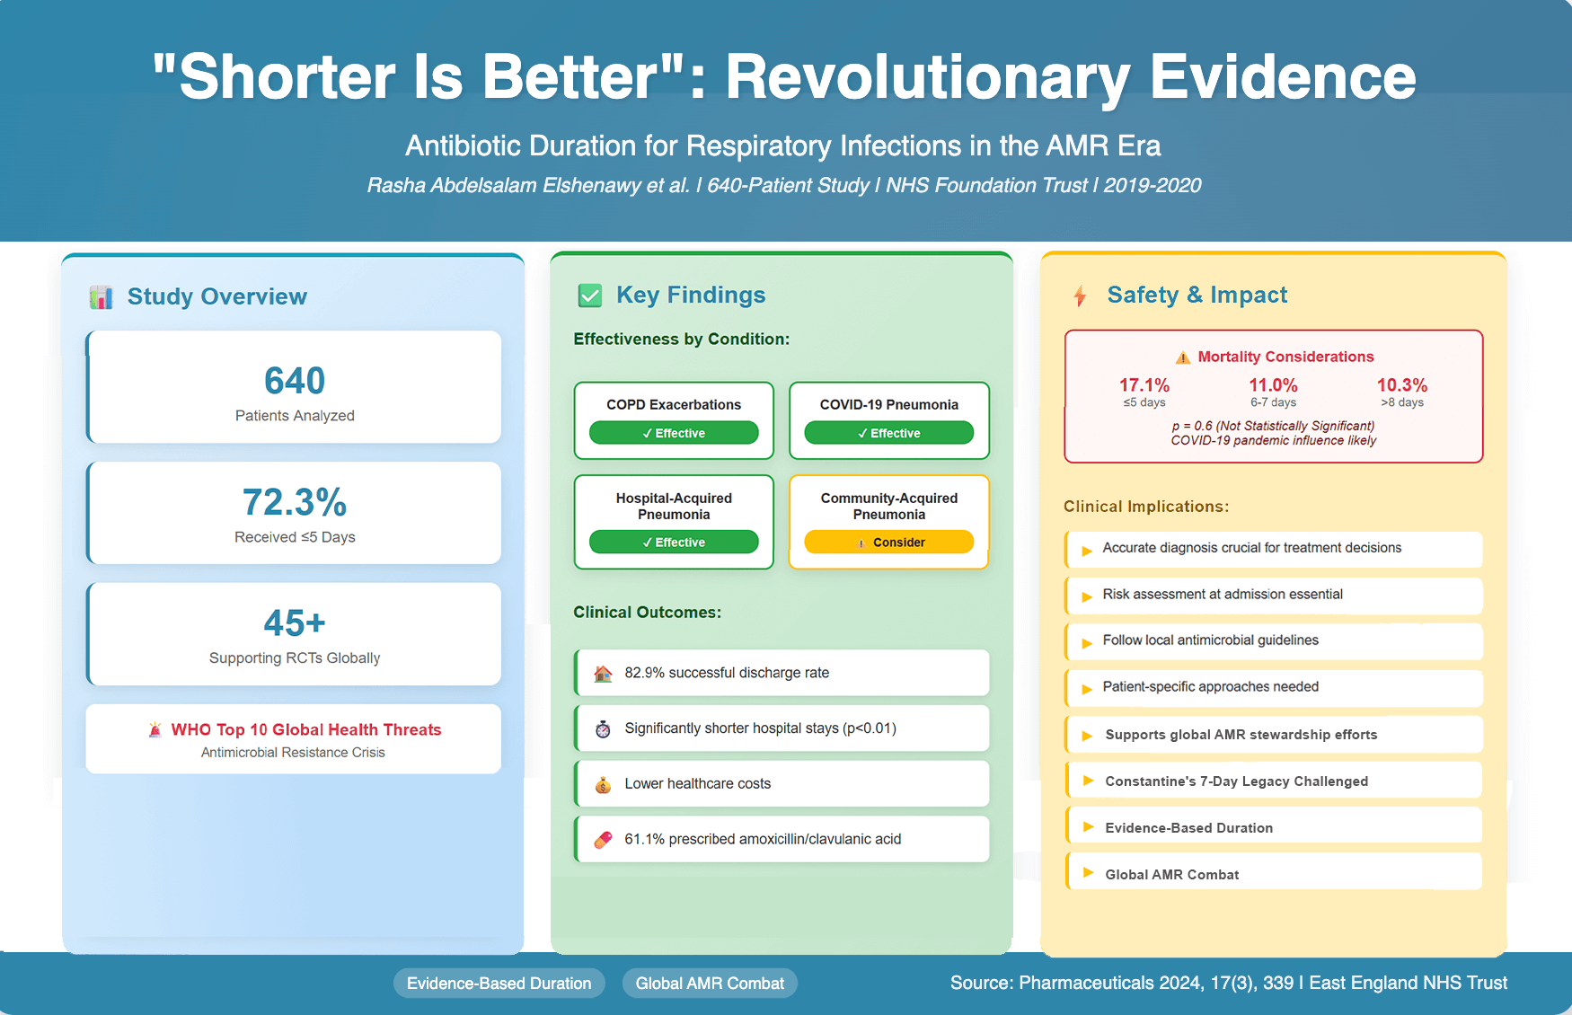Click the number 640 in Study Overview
click(x=295, y=381)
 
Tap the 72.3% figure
click(x=295, y=502)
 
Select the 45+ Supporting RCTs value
click(x=295, y=622)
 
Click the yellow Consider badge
click(x=888, y=542)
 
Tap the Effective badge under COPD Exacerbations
click(x=674, y=433)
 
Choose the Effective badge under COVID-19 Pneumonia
click(x=888, y=433)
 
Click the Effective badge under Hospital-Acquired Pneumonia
click(x=674, y=542)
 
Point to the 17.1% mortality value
click(x=1144, y=385)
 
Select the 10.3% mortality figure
click(x=1401, y=385)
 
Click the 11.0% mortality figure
click(x=1273, y=385)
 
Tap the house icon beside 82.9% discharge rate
click(x=603, y=674)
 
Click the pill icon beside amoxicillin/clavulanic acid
click(x=603, y=840)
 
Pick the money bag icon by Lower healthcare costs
click(x=603, y=785)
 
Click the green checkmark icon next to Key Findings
click(x=590, y=296)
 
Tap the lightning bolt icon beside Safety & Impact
click(x=1080, y=296)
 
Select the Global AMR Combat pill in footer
click(x=710, y=984)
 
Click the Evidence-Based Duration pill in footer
click(x=499, y=984)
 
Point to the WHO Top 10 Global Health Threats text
click(x=306, y=729)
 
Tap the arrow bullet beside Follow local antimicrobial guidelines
click(x=1086, y=642)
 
